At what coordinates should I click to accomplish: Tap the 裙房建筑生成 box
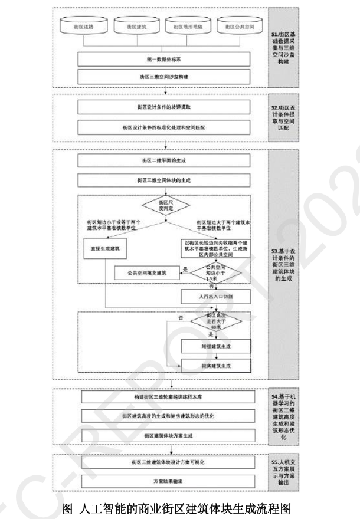[x=215, y=366]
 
